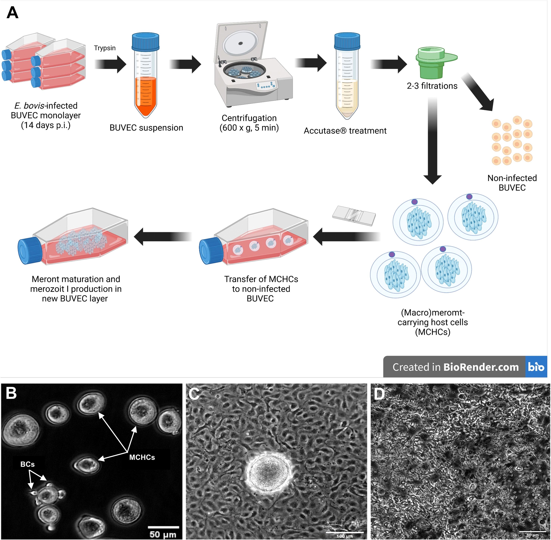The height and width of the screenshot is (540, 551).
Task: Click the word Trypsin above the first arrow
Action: click(x=105, y=48)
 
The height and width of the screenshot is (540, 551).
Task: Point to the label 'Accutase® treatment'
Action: click(x=345, y=131)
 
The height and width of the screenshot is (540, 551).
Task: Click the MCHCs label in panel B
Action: click(x=142, y=457)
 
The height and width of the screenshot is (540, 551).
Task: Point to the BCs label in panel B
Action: click(x=27, y=464)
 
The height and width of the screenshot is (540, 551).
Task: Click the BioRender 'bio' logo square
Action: click(x=536, y=367)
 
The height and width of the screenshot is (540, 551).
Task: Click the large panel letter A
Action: click(x=13, y=13)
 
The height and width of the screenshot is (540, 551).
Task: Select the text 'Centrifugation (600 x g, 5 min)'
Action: click(x=249, y=123)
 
